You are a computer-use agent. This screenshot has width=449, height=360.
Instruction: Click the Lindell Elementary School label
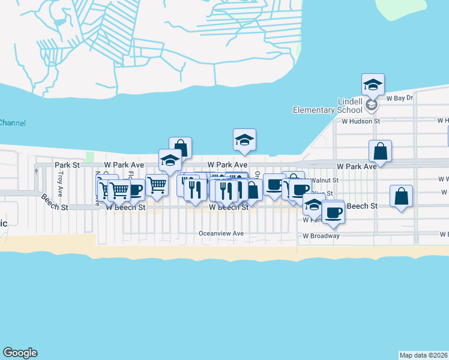328,105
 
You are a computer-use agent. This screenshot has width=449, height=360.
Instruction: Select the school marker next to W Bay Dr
373,85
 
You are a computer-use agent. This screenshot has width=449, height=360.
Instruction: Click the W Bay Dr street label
400,98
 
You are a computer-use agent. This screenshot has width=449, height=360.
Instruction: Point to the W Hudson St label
361,121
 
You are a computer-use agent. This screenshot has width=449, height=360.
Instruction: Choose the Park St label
67,164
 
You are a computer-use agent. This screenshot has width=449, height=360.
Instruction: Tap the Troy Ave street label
60,178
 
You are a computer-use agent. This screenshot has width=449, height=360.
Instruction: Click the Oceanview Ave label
221,233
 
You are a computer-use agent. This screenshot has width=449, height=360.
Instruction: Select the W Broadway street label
321,236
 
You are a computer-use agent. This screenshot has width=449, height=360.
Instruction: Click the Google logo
20,353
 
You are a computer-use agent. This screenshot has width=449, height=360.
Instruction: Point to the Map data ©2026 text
424,355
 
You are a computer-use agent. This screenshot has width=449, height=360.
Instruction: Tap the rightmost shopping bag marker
402,197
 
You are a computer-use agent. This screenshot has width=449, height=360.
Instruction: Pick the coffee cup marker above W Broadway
333,212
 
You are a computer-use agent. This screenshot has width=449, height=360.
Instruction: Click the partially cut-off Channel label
13,123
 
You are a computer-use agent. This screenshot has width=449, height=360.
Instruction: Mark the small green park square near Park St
90,157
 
